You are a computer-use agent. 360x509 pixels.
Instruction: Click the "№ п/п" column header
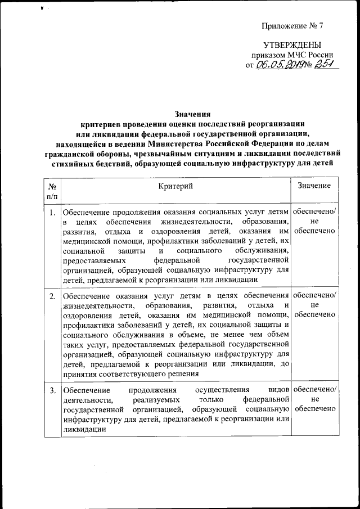click(x=52, y=190)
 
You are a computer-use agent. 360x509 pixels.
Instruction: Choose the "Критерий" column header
click(x=175, y=186)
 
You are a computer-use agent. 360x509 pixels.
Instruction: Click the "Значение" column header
click(x=314, y=186)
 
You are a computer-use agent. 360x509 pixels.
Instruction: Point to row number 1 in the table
click(x=52, y=212)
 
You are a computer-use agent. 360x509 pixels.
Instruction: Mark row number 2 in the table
click(x=52, y=296)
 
